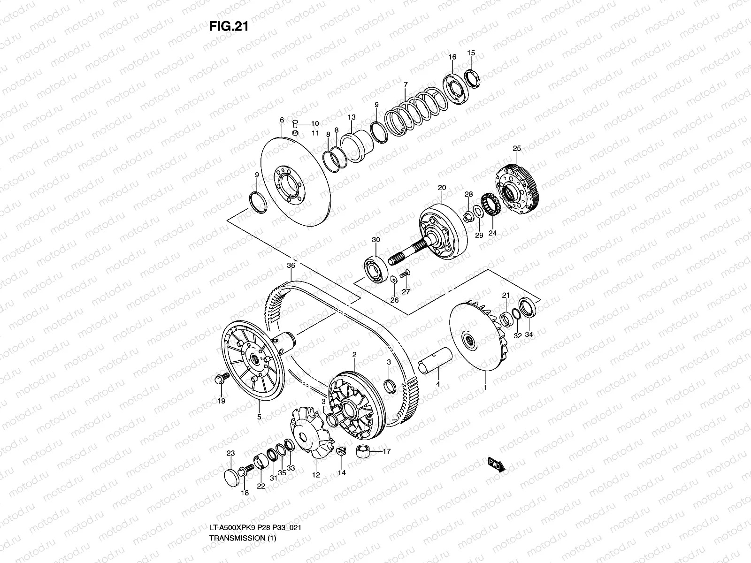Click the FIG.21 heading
click(x=228, y=27)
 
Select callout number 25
click(x=516, y=148)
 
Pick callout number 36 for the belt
click(x=291, y=266)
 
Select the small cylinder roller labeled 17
click(x=363, y=452)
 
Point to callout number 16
click(x=452, y=57)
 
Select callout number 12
click(x=316, y=475)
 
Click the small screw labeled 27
click(x=405, y=272)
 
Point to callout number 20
click(x=441, y=187)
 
